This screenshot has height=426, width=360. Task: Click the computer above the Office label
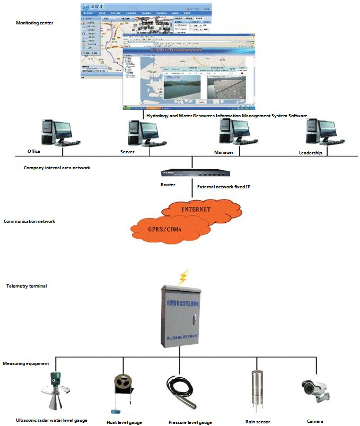click(58, 133)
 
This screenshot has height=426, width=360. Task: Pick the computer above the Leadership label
click(323, 133)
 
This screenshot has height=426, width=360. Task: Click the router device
click(195, 172)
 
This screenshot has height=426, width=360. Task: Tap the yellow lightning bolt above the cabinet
click(183, 277)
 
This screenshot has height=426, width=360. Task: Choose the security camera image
click(316, 390)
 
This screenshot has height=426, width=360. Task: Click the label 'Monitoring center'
click(34, 23)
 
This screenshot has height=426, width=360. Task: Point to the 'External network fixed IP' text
click(223, 187)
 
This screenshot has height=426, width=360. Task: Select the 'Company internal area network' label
click(57, 168)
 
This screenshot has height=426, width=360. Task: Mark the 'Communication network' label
click(29, 221)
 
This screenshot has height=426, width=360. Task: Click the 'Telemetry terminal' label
click(27, 286)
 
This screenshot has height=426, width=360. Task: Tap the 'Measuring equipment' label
click(26, 363)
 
